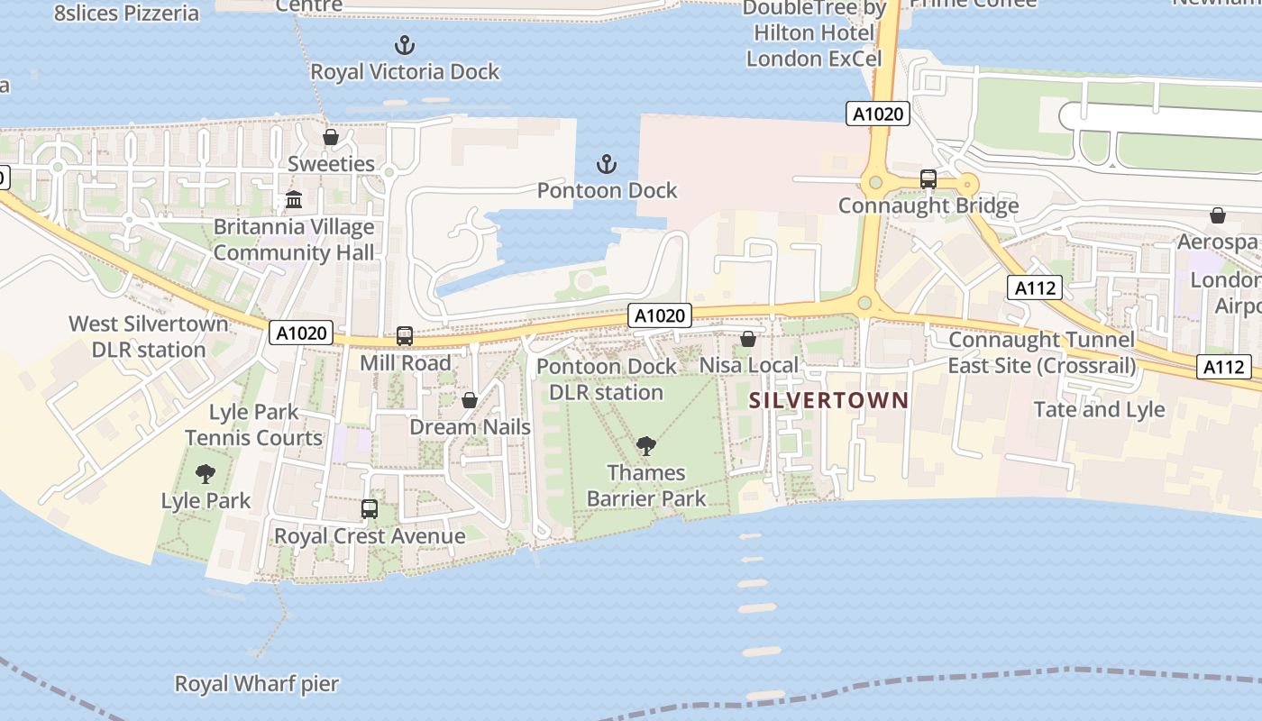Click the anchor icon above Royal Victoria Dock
pos(405,44)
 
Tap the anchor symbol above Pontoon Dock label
pos(607,164)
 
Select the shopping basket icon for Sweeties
pos(331,137)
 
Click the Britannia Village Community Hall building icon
pos(294,200)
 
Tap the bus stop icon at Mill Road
pos(405,336)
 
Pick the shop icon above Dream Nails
pos(470,400)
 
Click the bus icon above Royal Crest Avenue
pos(370,509)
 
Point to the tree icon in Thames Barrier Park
pos(645,445)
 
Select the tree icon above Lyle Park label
pos(206,473)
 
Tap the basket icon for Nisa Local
pos(748,339)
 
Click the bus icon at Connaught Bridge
pos(928,178)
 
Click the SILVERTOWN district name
pos(828,400)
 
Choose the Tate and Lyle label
pos(1099,409)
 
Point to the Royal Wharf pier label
pos(257,684)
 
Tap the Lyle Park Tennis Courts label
pos(253,424)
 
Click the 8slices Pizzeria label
pos(126,13)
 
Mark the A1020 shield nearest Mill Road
pos(301,333)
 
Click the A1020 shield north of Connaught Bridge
pos(877,114)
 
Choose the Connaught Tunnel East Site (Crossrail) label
pos(1041,352)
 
